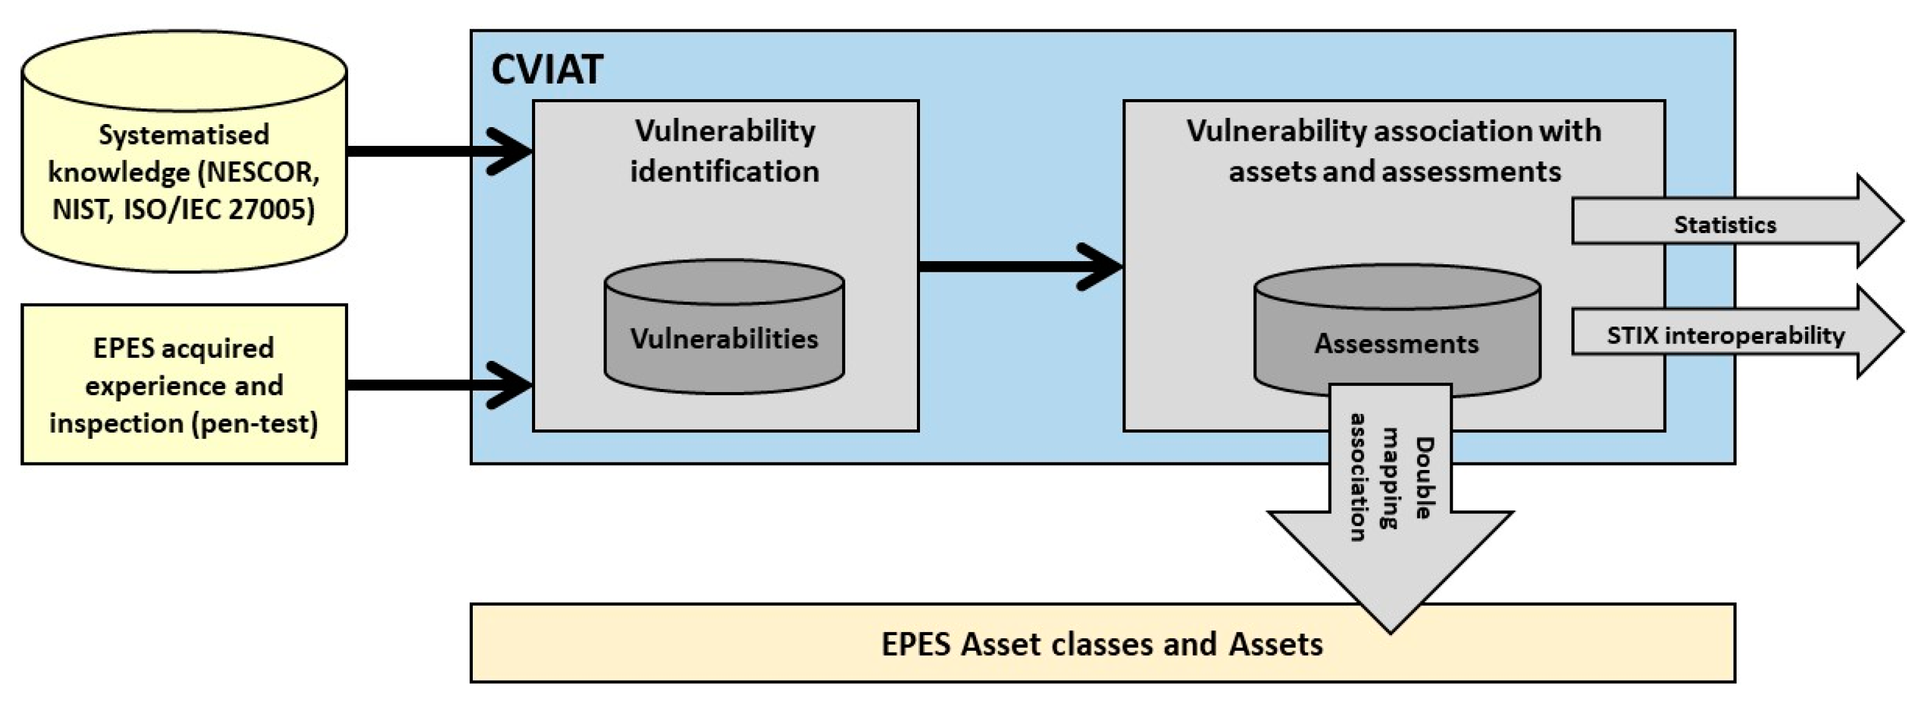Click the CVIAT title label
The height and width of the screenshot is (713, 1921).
pyautogui.click(x=547, y=70)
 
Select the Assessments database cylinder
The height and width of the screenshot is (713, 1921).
pyautogui.click(x=1397, y=328)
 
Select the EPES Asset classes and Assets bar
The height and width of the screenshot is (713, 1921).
pyautogui.click(x=1102, y=644)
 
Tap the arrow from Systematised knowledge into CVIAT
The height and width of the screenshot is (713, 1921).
pyautogui.click(x=440, y=151)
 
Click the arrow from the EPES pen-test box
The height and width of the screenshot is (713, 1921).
pyautogui.click(x=440, y=385)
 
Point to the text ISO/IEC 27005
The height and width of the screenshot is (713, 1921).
pyautogui.click(x=219, y=209)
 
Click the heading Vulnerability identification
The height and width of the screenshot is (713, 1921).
pyautogui.click(x=725, y=151)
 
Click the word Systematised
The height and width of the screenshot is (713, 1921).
pyautogui.click(x=184, y=135)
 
